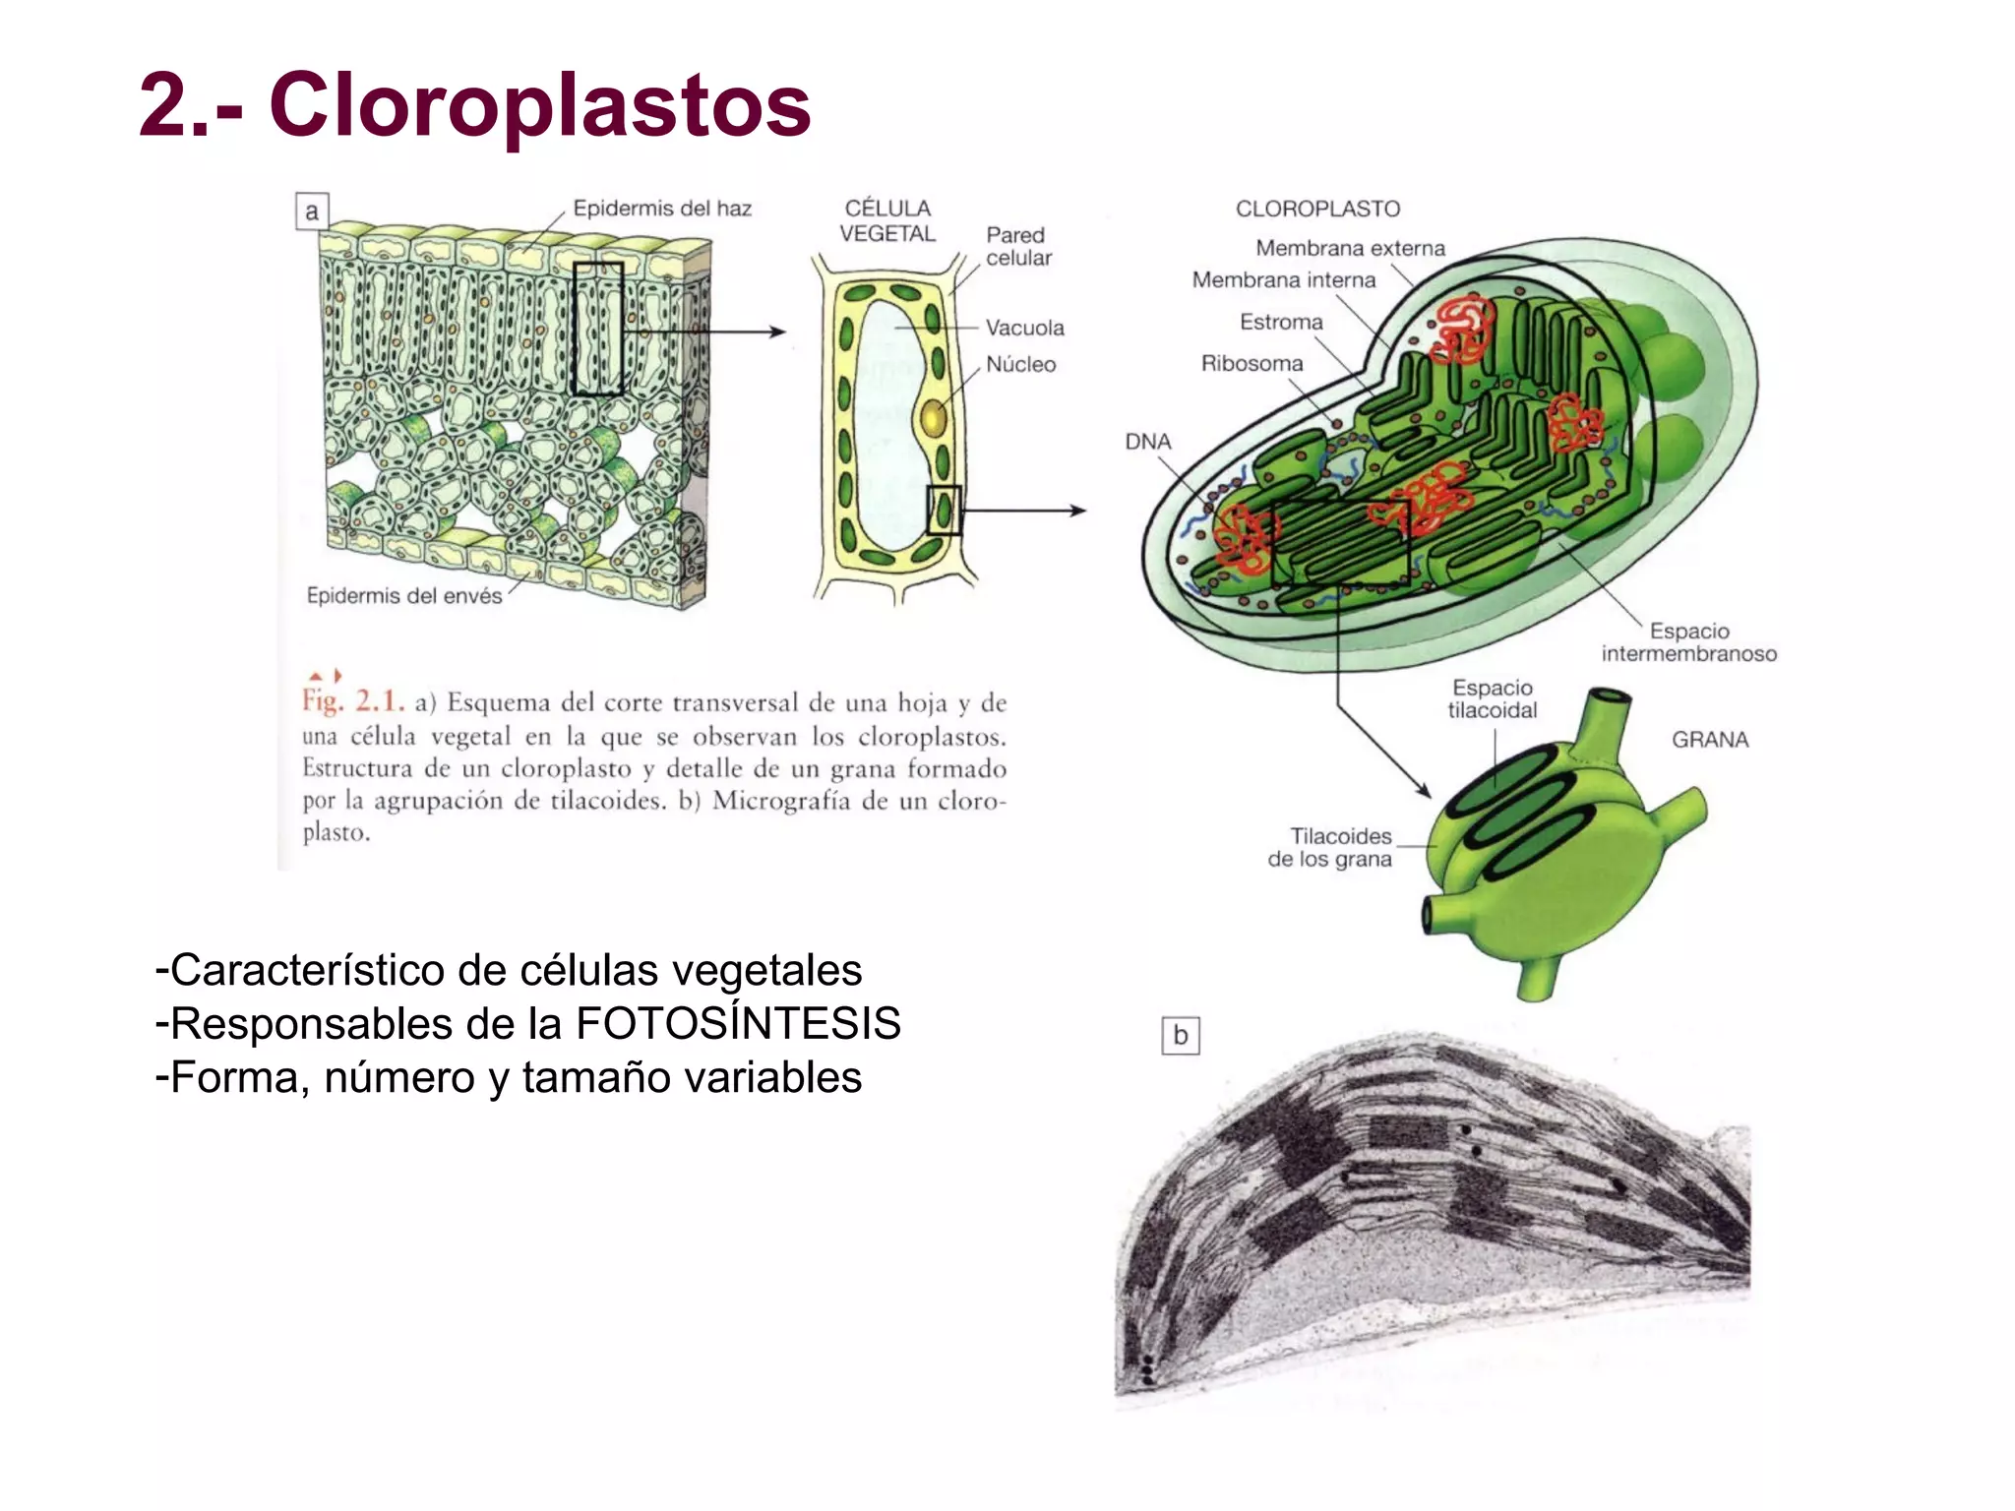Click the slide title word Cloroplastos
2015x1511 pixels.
pyautogui.click(x=539, y=106)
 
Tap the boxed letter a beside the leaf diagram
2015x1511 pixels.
pyautogui.click(x=312, y=212)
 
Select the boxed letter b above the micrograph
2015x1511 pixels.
pyautogui.click(x=1180, y=1036)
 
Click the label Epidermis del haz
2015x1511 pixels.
pyautogui.click(x=662, y=209)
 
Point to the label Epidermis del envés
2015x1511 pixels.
pyautogui.click(x=403, y=596)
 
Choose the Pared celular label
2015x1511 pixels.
pyautogui.click(x=1018, y=246)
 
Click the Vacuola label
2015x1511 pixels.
pyautogui.click(x=1024, y=328)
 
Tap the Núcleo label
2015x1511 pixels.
pyautogui.click(x=1020, y=365)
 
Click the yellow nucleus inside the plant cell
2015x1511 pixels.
pyautogui.click(x=932, y=420)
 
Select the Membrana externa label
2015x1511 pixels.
pyautogui.click(x=1350, y=249)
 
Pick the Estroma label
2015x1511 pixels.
pyautogui.click(x=1281, y=323)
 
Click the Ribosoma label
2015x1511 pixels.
pyautogui.click(x=1252, y=364)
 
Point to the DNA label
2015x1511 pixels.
pyautogui.click(x=1148, y=442)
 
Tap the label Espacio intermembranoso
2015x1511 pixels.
pyautogui.click(x=1688, y=642)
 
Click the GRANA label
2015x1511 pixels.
pyautogui.click(x=1710, y=740)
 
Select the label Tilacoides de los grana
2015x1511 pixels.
pyautogui.click(x=1330, y=848)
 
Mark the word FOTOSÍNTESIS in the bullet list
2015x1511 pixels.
pyautogui.click(x=738, y=1024)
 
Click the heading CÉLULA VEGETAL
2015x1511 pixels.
pyautogui.click(x=887, y=221)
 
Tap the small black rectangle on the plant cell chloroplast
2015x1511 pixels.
pyautogui.click(x=944, y=511)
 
